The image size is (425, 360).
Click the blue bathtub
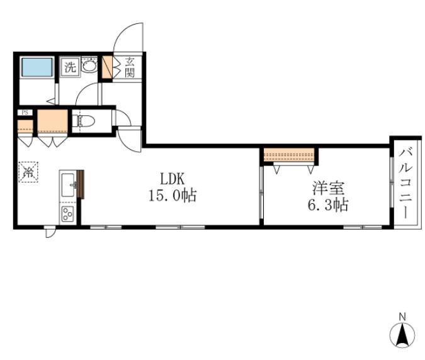37,67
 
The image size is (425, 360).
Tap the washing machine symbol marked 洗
70,67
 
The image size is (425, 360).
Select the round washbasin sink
89,65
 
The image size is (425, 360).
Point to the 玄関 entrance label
130,68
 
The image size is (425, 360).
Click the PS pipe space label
25,112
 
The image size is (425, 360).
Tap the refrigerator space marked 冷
28,172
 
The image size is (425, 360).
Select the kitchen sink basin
68,185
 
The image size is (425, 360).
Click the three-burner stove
67,214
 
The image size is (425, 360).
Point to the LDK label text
173,179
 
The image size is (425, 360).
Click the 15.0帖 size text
173,195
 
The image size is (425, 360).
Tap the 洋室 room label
328,188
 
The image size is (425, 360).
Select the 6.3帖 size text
328,205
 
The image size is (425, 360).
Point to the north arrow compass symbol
402,334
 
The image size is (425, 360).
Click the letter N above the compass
402,317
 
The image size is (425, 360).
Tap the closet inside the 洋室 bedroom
289,155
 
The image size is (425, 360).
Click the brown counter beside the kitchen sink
81,184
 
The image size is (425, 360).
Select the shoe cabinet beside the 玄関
107,67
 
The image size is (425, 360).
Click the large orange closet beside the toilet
52,121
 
